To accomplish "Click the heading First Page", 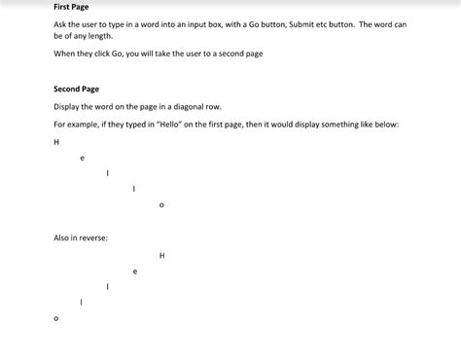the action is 71,7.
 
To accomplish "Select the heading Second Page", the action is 76,89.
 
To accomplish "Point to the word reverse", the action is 93,237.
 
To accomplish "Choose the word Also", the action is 62,237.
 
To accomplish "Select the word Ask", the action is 60,24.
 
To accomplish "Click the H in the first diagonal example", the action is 56,141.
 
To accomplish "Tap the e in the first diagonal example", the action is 82,157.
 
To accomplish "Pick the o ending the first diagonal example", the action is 161,204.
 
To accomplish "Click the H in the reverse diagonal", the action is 161,256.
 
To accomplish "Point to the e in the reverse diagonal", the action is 135,271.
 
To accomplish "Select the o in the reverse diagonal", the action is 55,318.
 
